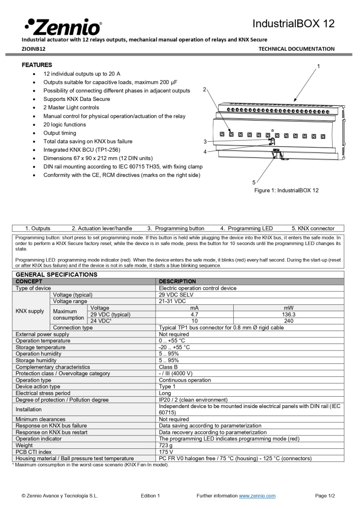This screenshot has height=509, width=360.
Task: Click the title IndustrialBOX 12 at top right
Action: tap(293, 23)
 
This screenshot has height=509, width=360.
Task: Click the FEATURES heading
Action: tap(37, 65)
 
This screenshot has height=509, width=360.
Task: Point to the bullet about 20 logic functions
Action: tap(64, 125)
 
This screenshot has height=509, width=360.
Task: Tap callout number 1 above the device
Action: tap(318, 66)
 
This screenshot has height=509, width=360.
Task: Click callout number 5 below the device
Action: tap(254, 182)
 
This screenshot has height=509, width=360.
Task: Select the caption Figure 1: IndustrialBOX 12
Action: tap(286, 190)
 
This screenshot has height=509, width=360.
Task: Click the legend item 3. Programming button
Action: tap(176, 229)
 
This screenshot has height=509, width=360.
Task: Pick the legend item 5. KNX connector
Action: tap(313, 229)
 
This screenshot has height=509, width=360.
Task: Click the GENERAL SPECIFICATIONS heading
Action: tap(57, 274)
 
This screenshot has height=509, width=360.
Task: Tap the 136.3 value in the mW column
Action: tap(288, 314)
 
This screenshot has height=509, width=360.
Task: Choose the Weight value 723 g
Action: tap(166, 445)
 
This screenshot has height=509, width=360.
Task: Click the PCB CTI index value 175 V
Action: tap(166, 452)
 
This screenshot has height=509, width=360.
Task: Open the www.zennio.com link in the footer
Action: tap(257, 496)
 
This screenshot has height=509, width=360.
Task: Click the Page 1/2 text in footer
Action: tap(325, 496)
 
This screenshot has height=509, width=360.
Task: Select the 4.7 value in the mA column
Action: tap(194, 314)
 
